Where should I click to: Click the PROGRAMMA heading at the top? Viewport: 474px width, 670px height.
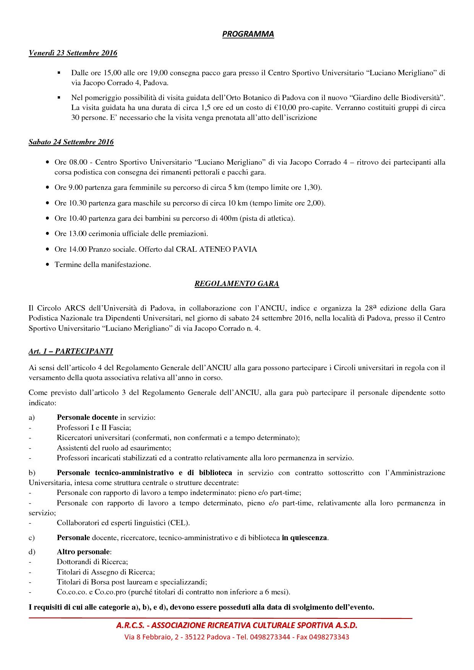(x=248, y=34)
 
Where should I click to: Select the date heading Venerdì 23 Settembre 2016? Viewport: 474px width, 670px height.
(x=73, y=53)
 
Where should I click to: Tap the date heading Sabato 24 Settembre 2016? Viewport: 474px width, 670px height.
(x=71, y=142)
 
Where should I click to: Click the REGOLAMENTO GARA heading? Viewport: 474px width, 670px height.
(x=237, y=284)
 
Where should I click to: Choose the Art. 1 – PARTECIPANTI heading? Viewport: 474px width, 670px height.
(x=71, y=351)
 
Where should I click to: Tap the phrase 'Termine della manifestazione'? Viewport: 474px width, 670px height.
(x=102, y=265)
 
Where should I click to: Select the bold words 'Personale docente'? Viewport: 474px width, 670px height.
(x=87, y=418)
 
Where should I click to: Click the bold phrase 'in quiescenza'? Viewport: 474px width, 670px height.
(x=305, y=538)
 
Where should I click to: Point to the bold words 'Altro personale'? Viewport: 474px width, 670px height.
(x=84, y=552)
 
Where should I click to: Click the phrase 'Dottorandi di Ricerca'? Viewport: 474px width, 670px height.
(x=92, y=562)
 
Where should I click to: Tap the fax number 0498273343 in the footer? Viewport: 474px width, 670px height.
(x=330, y=637)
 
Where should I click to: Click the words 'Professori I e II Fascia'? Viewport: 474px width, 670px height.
(x=94, y=428)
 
